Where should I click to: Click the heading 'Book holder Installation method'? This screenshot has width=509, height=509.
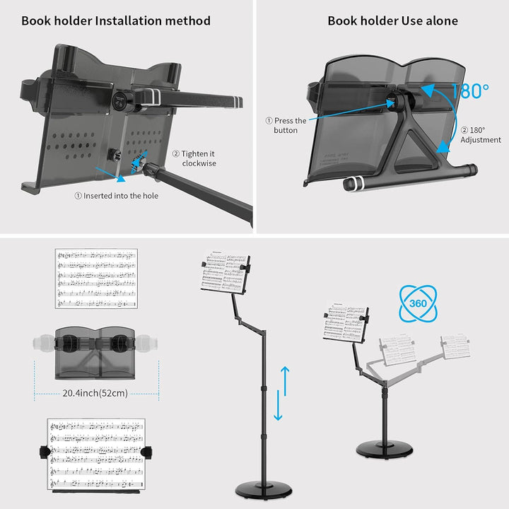[x=116, y=21]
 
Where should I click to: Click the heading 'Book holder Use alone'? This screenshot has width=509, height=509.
[x=392, y=21]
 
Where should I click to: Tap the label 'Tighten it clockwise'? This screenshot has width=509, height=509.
[x=198, y=158]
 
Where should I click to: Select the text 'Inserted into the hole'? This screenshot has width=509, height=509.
[x=117, y=196]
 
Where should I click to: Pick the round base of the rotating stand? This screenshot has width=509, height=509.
[x=385, y=450]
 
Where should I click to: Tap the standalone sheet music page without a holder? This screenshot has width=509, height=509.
[x=96, y=278]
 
